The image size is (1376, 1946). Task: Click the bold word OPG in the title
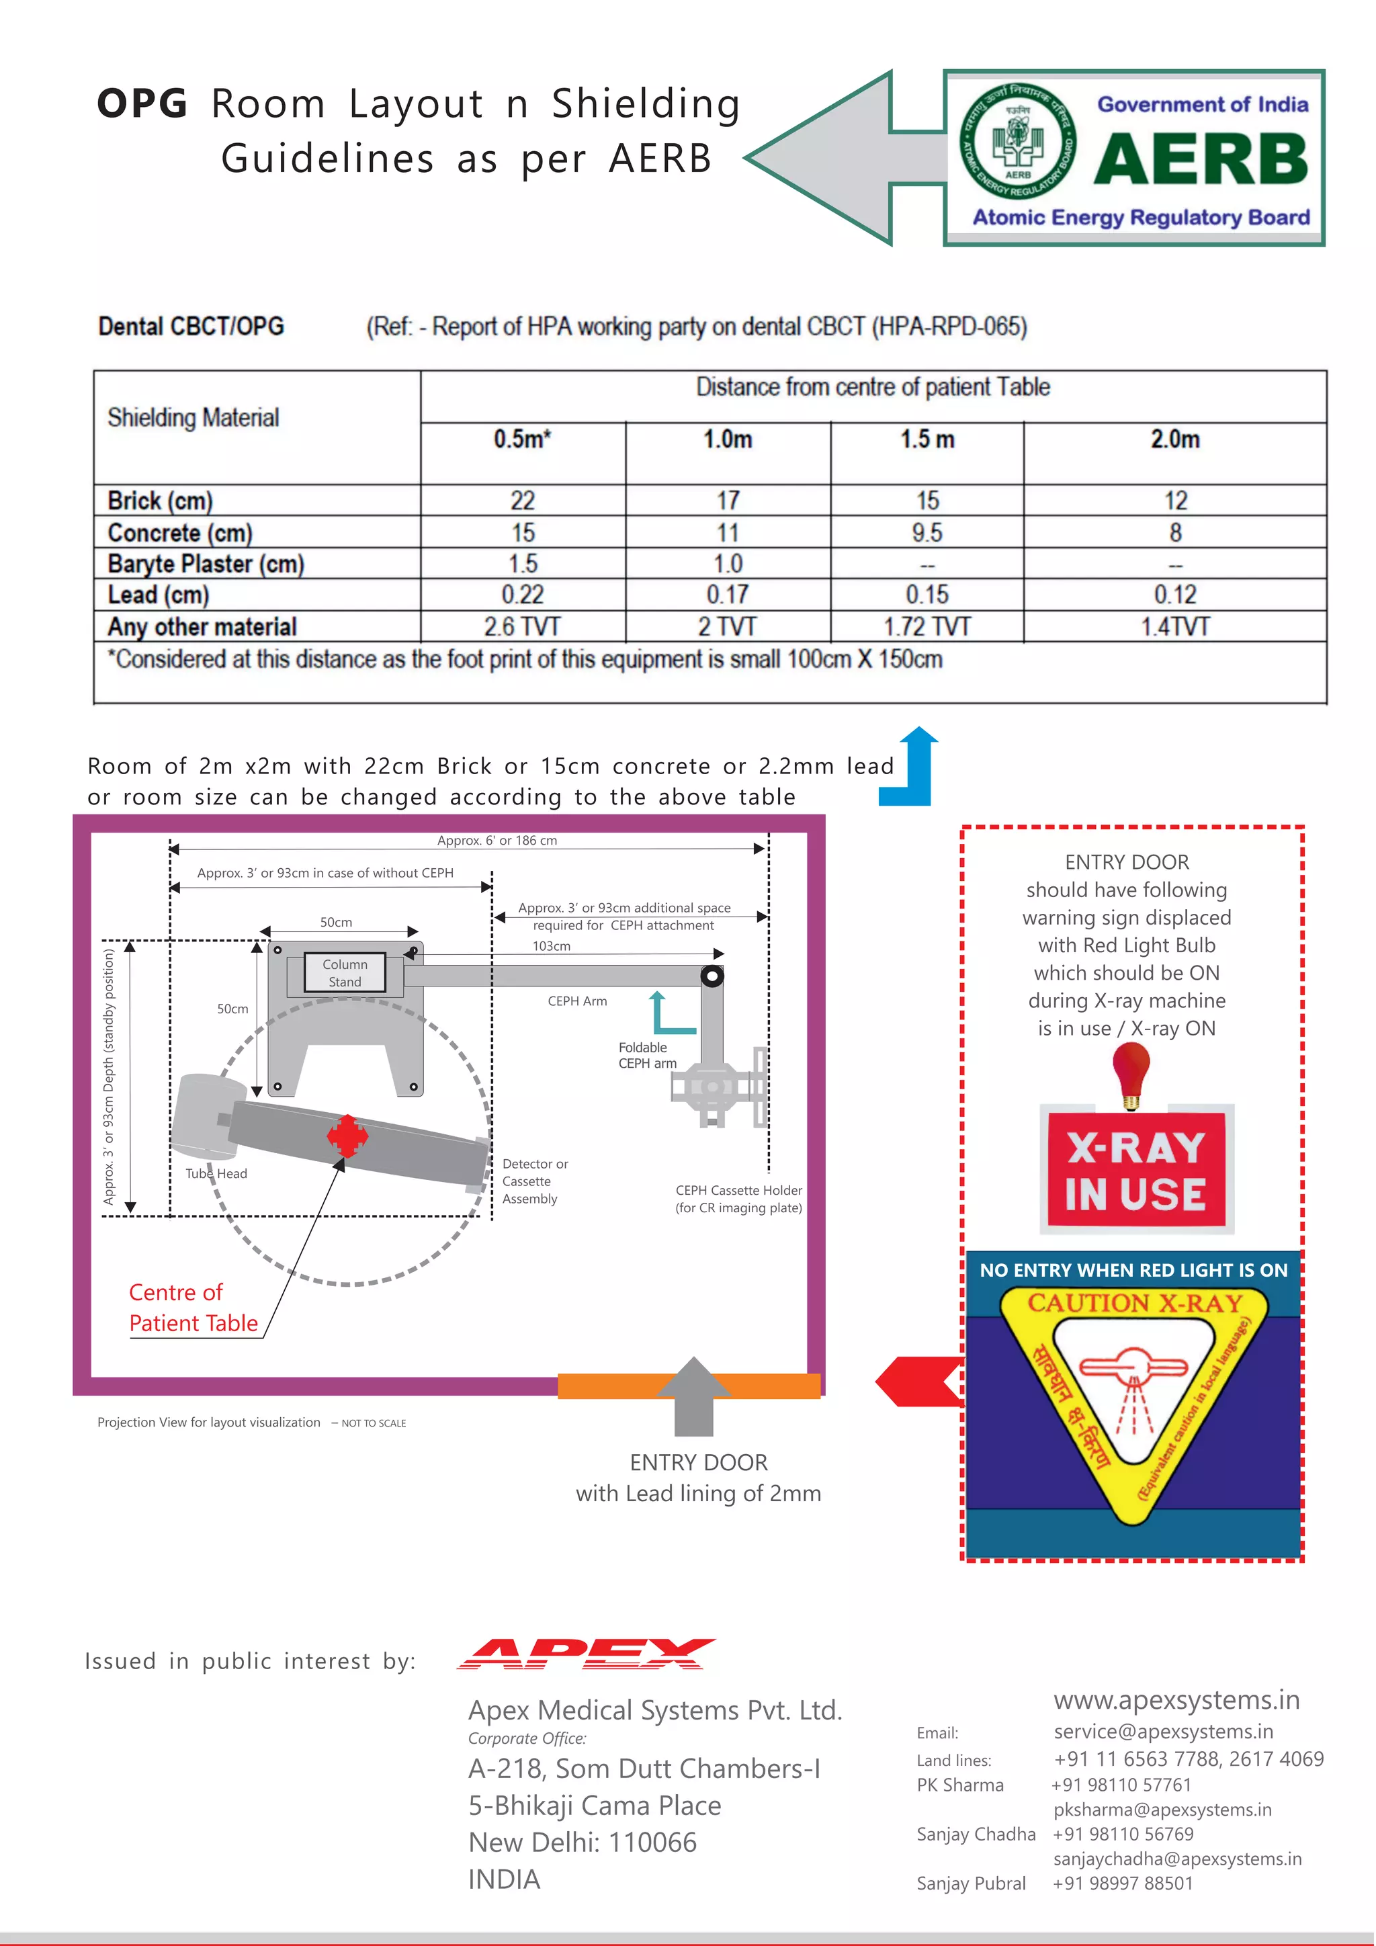[142, 104]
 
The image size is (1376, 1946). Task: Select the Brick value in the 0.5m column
[522, 500]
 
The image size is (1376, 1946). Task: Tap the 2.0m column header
[1174, 439]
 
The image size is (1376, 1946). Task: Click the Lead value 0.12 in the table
[1174, 594]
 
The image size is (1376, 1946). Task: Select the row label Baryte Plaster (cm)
[205, 564]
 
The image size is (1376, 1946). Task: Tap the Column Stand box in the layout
[344, 973]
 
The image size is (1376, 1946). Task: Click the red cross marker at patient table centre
[347, 1136]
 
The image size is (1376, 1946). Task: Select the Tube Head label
[216, 1173]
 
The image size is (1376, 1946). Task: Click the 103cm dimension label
[551, 946]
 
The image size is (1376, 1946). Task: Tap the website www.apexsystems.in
[1176, 1699]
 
